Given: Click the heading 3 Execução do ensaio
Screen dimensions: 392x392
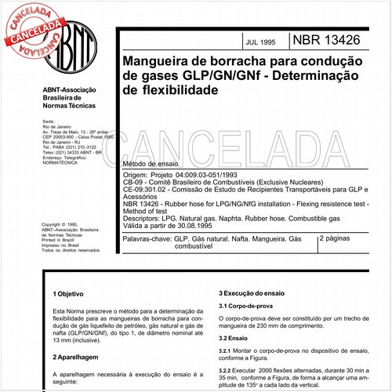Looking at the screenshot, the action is [x=253, y=292].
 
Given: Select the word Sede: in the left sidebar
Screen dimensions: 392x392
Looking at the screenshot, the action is [x=48, y=123].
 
